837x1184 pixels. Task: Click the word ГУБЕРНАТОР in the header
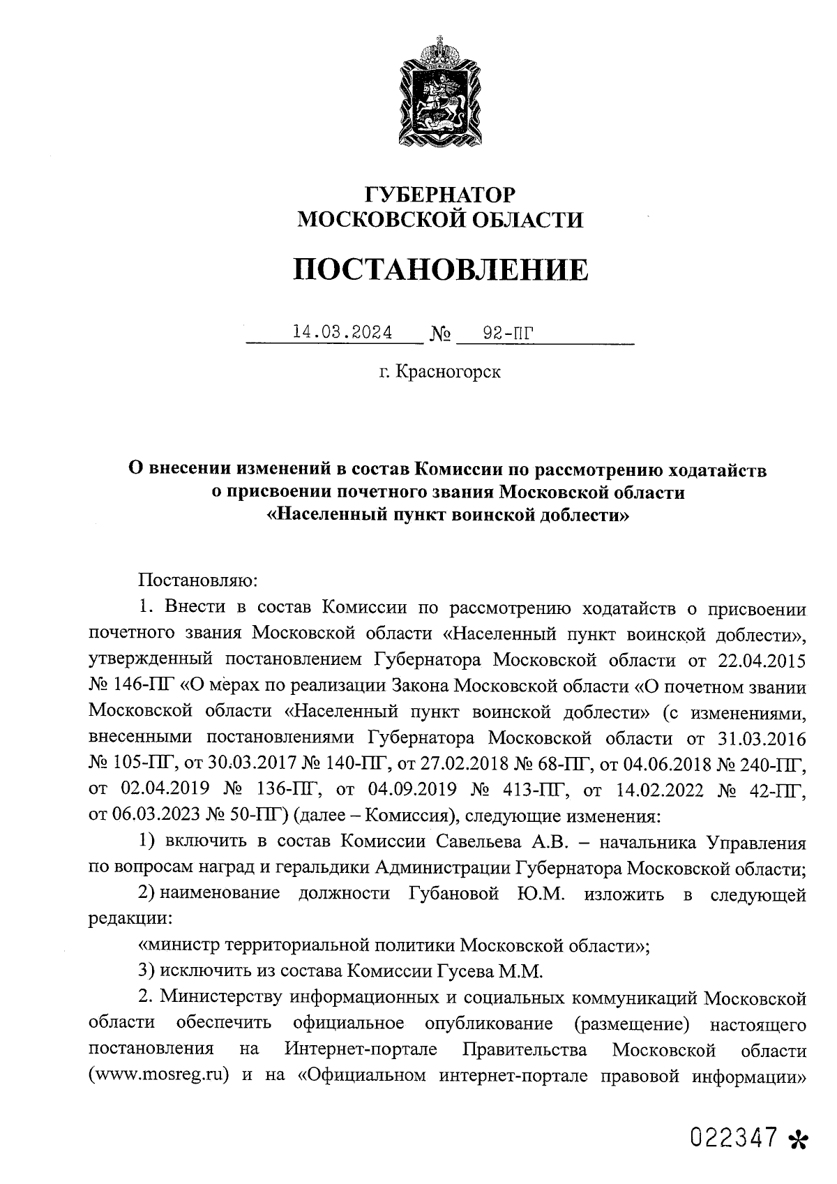click(441, 194)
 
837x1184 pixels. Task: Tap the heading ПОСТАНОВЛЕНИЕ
click(440, 269)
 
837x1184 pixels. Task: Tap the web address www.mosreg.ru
click(160, 1074)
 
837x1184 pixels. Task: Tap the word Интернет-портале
click(361, 1049)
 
